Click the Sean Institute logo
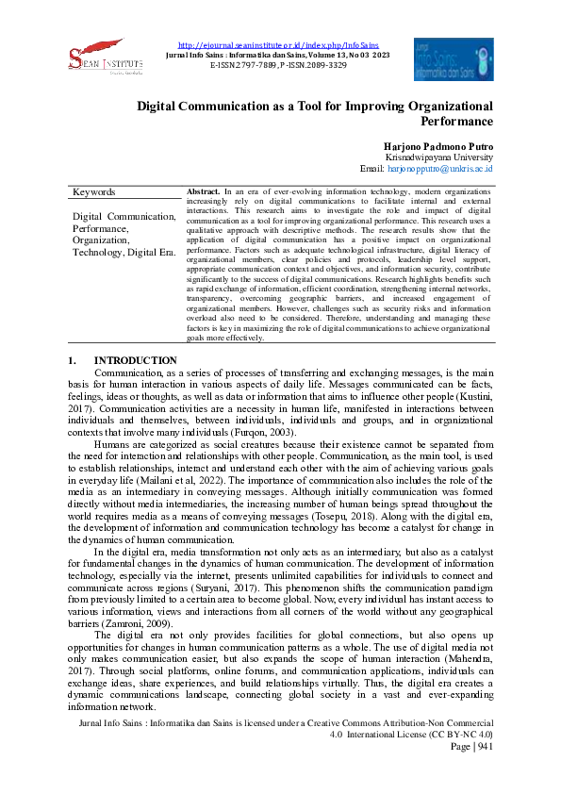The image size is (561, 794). click(96, 59)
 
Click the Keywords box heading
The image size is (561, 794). click(94, 192)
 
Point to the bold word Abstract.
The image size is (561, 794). click(204, 190)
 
